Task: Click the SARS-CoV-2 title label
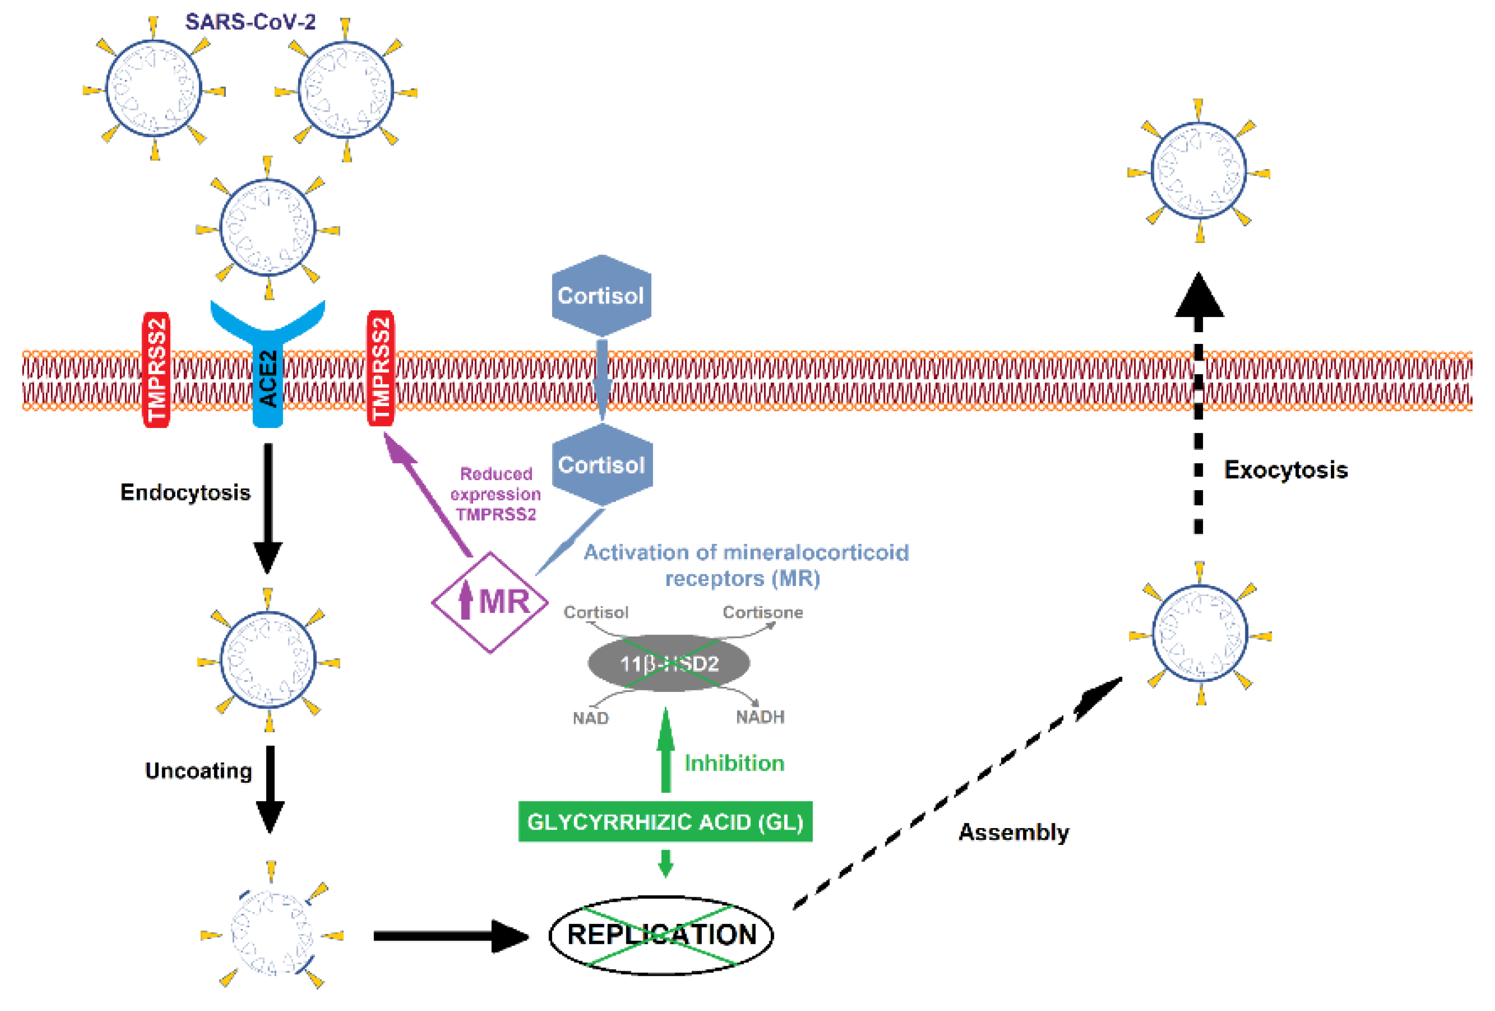250,22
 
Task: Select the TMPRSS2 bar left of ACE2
155,370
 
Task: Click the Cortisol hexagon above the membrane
601,296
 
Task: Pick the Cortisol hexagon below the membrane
602,464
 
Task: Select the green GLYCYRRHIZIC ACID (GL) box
665,821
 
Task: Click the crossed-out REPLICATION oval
661,935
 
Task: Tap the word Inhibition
734,763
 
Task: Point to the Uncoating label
198,770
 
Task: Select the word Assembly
1014,832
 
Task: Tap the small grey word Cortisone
763,613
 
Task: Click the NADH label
759,716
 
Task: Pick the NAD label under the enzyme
591,717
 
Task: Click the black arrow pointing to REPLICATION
450,936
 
